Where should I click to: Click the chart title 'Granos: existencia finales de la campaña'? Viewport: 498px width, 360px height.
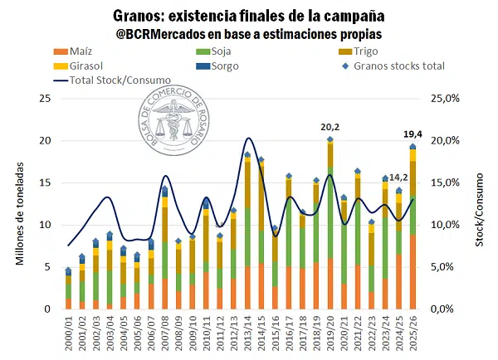click(x=247, y=16)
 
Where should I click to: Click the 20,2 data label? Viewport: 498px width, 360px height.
click(x=330, y=127)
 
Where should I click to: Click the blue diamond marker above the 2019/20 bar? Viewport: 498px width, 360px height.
click(x=330, y=139)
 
